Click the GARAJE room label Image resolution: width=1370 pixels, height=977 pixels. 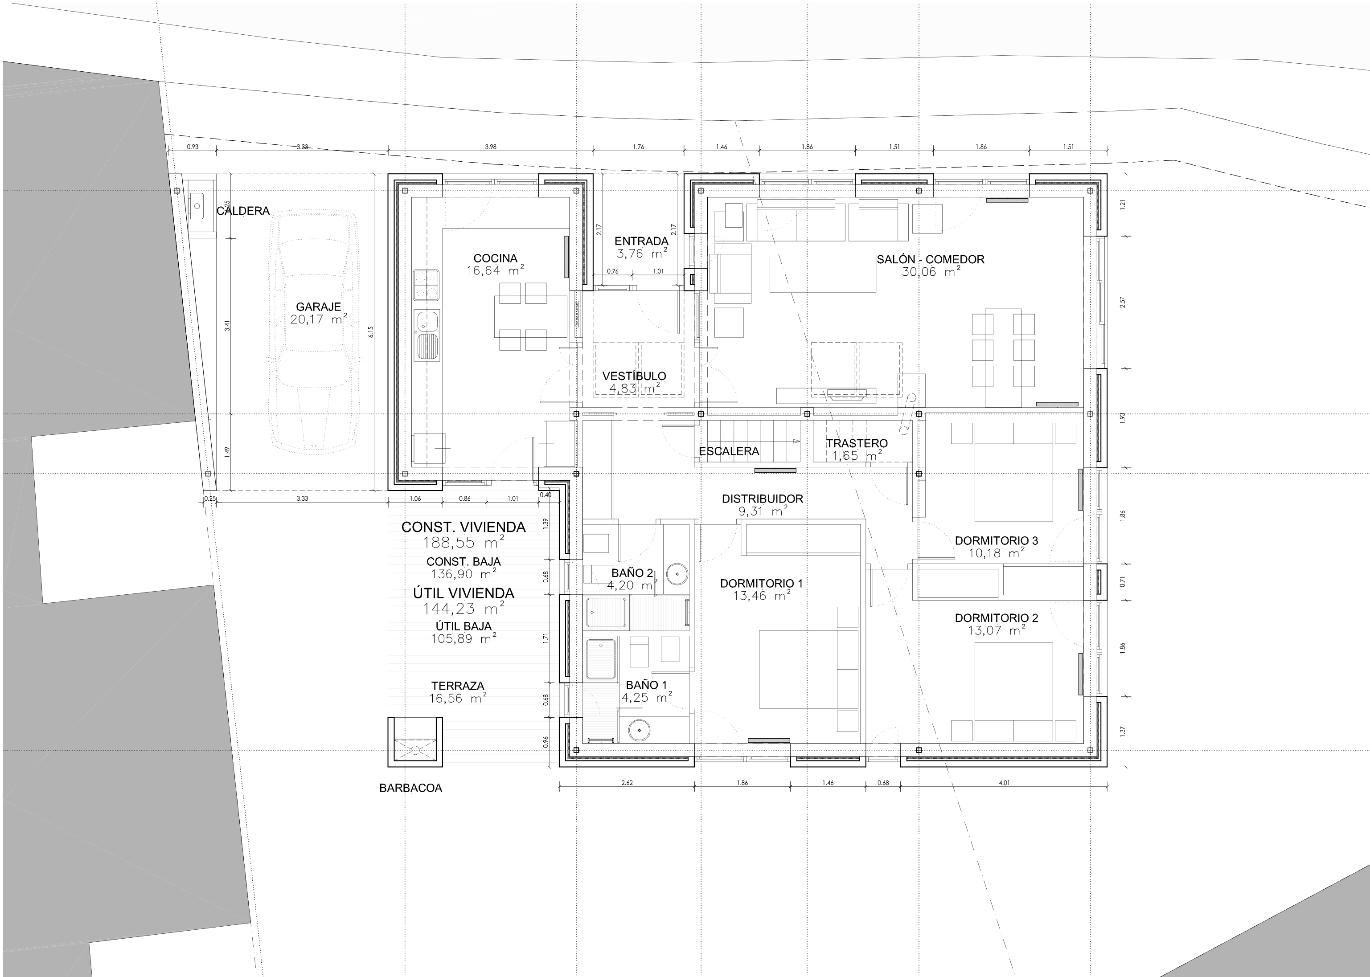click(318, 307)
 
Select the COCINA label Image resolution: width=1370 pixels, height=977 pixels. click(495, 259)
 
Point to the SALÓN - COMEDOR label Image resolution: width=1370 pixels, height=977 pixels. click(930, 259)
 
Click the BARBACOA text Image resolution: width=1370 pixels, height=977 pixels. click(410, 788)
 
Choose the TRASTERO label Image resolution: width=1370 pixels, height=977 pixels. click(856, 443)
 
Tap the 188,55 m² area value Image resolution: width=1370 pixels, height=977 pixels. click(464, 543)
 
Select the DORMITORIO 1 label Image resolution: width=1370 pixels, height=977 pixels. click(761, 584)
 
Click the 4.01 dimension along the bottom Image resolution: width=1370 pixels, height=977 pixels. click(1004, 783)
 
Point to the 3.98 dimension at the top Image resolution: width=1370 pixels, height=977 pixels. click(490, 147)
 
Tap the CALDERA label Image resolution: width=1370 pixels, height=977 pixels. click(243, 211)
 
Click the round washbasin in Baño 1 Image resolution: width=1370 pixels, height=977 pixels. click(639, 730)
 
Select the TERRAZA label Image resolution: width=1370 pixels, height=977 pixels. click(457, 686)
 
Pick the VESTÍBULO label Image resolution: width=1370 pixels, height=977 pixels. click(634, 376)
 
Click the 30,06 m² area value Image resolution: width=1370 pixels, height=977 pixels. click(931, 272)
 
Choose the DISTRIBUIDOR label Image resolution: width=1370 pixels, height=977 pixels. click(762, 499)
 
